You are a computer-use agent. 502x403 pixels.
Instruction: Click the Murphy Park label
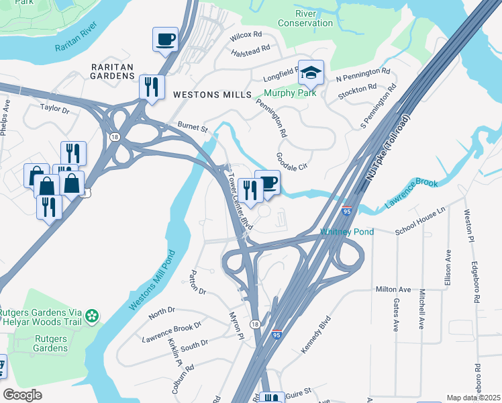click(x=290, y=93)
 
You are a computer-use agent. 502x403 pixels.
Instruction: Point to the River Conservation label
click(x=305, y=18)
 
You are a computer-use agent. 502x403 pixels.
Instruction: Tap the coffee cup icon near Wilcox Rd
click(x=165, y=40)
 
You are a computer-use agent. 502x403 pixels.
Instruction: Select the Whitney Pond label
click(x=346, y=232)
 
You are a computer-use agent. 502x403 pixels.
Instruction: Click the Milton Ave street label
click(x=393, y=289)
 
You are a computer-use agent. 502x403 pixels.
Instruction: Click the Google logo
click(x=23, y=394)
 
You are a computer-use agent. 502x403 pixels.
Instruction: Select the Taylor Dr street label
click(x=55, y=107)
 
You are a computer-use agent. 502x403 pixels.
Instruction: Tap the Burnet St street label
click(x=193, y=126)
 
